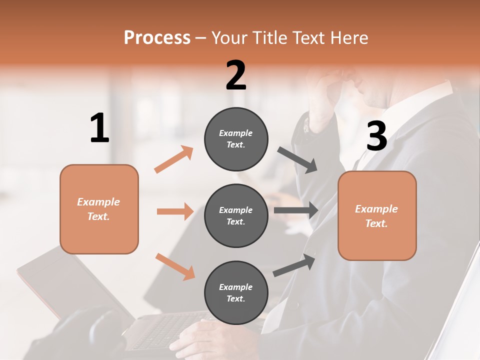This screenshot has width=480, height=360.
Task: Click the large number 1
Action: coord(99,128)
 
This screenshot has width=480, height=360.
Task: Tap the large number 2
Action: coord(236,75)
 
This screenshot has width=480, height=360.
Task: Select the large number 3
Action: coord(377,136)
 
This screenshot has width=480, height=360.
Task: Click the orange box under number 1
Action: coord(99,209)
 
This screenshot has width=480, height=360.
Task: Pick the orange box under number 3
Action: coord(377,216)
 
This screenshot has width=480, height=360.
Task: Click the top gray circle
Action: coord(236,139)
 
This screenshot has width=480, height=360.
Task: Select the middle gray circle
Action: coord(236,215)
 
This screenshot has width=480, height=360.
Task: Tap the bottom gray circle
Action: coord(236,292)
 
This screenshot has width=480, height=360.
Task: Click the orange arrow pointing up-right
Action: coord(174,159)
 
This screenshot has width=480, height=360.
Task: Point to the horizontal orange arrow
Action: coord(175,211)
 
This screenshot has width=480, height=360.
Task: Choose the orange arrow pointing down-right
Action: coord(175,266)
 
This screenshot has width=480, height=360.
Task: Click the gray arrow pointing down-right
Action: coord(298,160)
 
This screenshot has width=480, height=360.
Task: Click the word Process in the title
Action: coord(157,37)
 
